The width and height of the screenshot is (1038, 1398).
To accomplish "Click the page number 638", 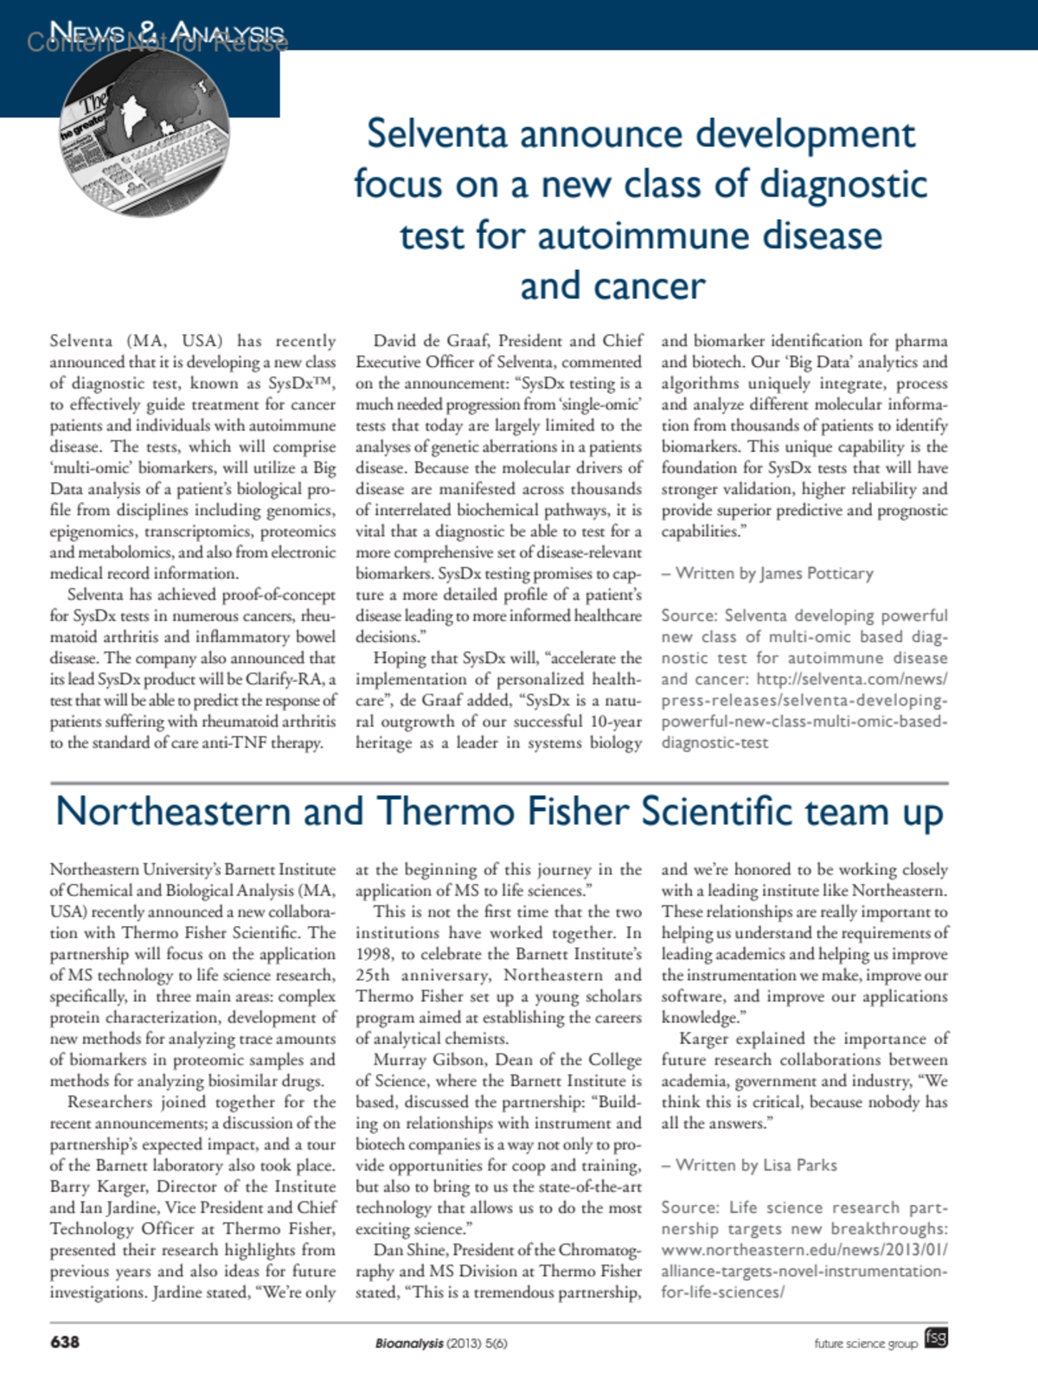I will pyautogui.click(x=65, y=1342).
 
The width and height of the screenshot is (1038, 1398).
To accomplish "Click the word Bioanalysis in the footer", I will pyautogui.click(x=408, y=1343).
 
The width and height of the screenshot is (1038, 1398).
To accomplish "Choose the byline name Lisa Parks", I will pyautogui.click(x=800, y=1165).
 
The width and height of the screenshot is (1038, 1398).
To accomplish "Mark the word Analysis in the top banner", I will pyautogui.click(x=227, y=34).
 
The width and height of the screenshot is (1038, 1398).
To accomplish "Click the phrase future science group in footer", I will pyautogui.click(x=865, y=1343).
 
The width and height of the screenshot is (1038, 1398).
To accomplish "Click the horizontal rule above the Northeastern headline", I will pyautogui.click(x=499, y=783).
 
